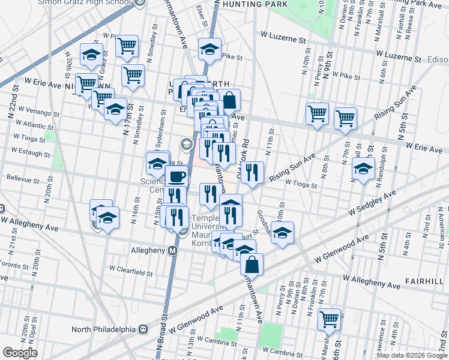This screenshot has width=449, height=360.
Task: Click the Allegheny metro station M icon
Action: pyautogui.click(x=172, y=250)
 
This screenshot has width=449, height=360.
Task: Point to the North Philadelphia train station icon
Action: pyautogui.click(x=143, y=329)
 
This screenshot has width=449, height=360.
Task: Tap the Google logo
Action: pyautogui.click(x=20, y=353)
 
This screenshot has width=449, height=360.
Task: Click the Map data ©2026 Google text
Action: pyautogui.click(x=412, y=355)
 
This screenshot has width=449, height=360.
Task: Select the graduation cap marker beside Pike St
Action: pyautogui.click(x=209, y=49)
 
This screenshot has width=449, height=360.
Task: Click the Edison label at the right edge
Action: pyautogui.click(x=438, y=60)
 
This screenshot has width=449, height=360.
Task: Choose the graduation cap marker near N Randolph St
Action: pyautogui.click(x=363, y=169)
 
